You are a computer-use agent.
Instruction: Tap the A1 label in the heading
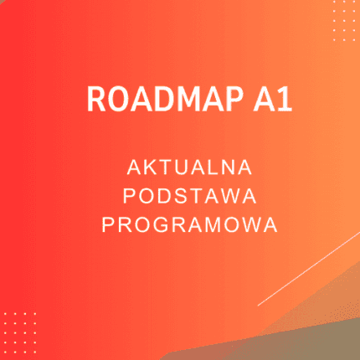coord(254,98)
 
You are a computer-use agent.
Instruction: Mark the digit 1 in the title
coord(264,98)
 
